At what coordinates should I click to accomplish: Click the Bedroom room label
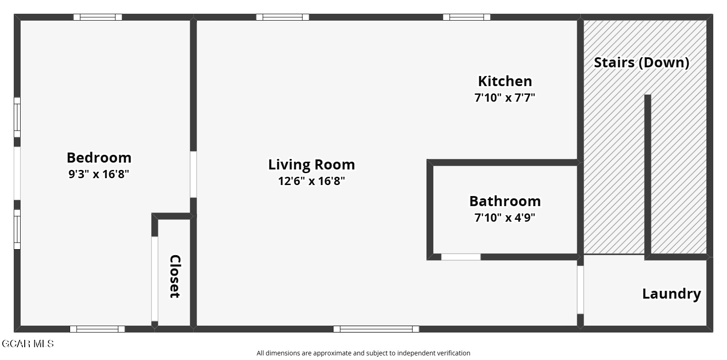[99, 158]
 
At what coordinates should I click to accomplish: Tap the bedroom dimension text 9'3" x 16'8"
[98, 174]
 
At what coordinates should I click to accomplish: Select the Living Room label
[312, 164]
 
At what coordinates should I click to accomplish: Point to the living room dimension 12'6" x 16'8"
[312, 181]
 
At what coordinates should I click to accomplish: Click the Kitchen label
[505, 81]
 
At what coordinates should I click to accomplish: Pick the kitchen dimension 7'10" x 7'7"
[505, 98]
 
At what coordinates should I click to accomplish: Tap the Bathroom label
[505, 201]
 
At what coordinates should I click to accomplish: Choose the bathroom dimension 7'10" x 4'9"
[505, 218]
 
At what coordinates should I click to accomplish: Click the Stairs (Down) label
[642, 62]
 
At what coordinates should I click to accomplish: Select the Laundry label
[672, 294]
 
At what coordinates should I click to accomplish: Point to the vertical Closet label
[175, 276]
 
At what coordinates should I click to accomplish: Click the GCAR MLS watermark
[28, 344]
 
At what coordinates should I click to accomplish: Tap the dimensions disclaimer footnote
[363, 353]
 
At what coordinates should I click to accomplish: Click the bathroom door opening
[461, 257]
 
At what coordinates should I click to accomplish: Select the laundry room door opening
[580, 290]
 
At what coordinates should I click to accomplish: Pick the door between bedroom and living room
[193, 175]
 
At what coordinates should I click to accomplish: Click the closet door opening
[155, 279]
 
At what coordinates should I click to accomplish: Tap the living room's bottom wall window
[376, 329]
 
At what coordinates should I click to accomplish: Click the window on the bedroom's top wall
[98, 17]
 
